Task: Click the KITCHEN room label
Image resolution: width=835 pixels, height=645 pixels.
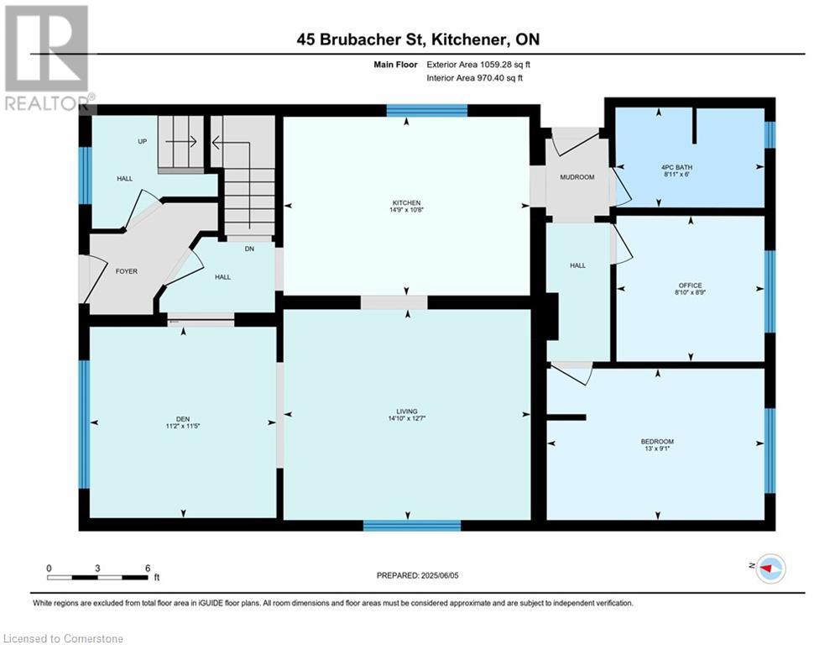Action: (406, 203)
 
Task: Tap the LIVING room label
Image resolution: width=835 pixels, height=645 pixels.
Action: (407, 412)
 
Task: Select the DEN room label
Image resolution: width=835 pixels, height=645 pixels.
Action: (183, 419)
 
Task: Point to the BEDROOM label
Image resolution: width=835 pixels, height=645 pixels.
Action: (657, 442)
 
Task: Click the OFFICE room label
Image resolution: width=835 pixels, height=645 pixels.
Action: (690, 286)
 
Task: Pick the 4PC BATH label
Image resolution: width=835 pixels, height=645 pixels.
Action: (676, 167)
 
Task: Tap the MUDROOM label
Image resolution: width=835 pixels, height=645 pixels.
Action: (577, 177)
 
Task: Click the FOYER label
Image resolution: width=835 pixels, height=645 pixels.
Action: (127, 271)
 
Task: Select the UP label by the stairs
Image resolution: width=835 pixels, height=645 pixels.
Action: (142, 141)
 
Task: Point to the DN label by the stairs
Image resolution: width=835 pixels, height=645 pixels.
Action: (249, 249)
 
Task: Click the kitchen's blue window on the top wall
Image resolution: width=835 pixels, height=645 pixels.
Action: (426, 110)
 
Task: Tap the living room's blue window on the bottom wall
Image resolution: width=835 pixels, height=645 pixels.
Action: (412, 526)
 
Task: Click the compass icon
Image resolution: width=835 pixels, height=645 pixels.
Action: (771, 569)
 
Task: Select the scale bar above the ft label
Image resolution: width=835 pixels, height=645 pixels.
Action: (98, 577)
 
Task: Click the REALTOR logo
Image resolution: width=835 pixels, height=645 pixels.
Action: (48, 58)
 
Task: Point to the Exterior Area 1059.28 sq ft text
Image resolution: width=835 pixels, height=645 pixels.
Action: (478, 65)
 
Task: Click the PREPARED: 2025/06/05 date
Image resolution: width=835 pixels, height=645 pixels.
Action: (418, 575)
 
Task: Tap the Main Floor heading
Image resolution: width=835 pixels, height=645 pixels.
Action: (395, 65)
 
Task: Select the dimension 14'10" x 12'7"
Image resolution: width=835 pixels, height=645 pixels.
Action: (407, 418)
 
